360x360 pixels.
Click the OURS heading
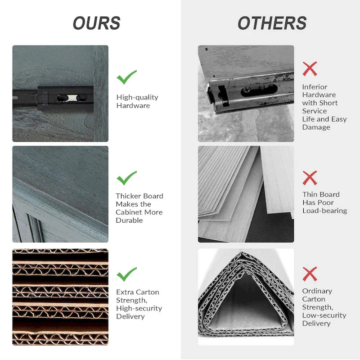click(x=97, y=23)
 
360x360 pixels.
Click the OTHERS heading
click(x=272, y=23)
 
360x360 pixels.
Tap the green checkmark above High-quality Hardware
click(x=126, y=77)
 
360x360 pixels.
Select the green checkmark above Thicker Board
click(x=126, y=178)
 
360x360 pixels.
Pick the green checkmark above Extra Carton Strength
click(x=126, y=274)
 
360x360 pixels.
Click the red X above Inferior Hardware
click(x=310, y=69)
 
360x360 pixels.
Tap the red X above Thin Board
click(x=310, y=178)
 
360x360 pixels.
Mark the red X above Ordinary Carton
click(x=310, y=274)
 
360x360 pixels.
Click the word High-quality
click(x=137, y=97)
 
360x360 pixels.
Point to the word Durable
click(x=129, y=220)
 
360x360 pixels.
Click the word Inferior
click(x=315, y=87)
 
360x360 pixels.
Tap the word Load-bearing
click(x=324, y=211)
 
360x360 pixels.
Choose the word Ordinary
click(x=317, y=291)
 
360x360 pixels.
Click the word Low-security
click(x=324, y=315)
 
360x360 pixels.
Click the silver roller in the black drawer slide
click(x=72, y=98)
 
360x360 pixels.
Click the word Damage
click(x=316, y=127)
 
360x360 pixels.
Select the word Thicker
click(x=127, y=196)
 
